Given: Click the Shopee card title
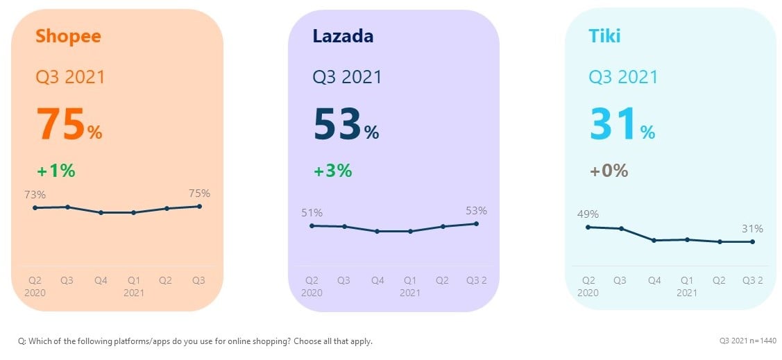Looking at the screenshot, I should (x=68, y=35).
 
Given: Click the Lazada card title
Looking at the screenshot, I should (x=343, y=35).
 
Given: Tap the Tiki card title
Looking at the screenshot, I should (x=604, y=35).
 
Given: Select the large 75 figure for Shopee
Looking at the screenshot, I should (x=60, y=125).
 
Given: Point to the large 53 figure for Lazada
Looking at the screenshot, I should (x=338, y=125).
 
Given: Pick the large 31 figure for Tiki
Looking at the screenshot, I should (x=613, y=125).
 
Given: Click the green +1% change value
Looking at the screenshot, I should (x=56, y=171).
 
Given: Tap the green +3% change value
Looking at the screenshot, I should (x=333, y=171).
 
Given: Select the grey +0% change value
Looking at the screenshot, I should (x=609, y=171).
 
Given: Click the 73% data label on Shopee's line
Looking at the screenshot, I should (x=33, y=195).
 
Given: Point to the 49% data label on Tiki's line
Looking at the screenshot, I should (x=587, y=214).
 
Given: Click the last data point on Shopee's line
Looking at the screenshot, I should (x=200, y=206).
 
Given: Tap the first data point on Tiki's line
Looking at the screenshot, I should (x=588, y=227).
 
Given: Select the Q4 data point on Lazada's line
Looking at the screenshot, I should (x=377, y=231).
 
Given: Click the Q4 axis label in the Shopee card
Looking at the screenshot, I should (x=101, y=281).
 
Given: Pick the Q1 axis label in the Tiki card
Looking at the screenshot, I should (x=687, y=281).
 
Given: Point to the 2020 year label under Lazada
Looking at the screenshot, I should (x=312, y=293).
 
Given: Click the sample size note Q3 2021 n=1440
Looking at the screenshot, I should (x=748, y=341).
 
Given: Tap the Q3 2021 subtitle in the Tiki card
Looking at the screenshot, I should (x=623, y=76).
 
